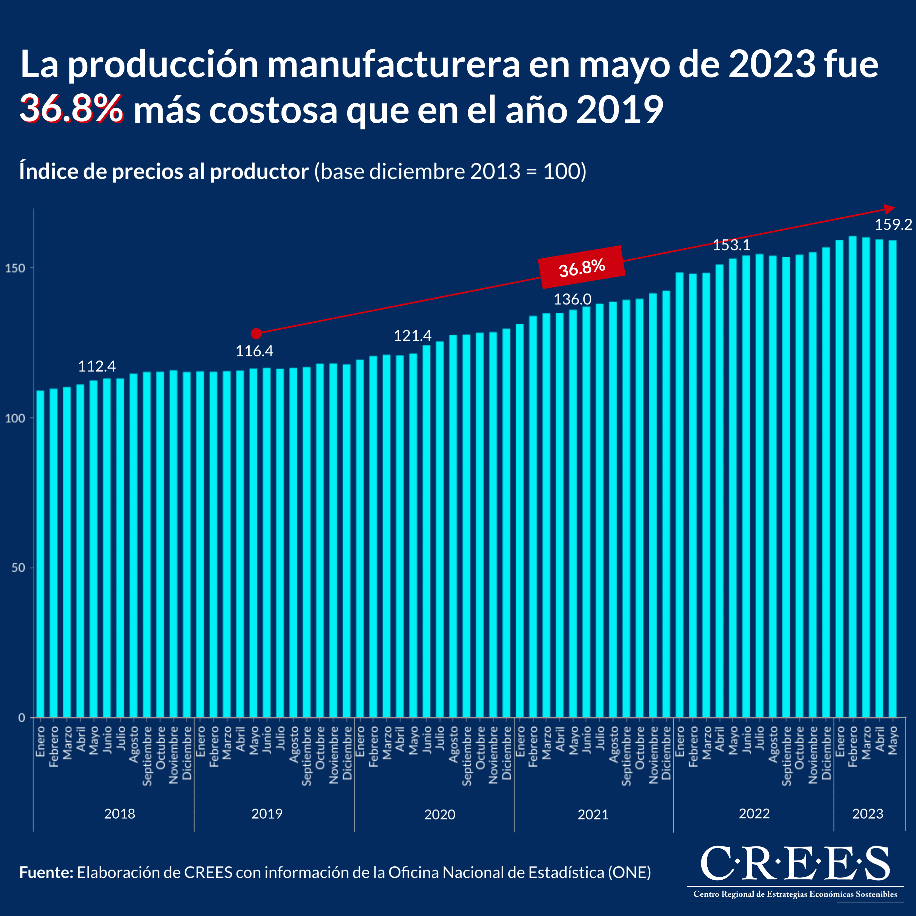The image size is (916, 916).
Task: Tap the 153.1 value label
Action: click(x=732, y=245)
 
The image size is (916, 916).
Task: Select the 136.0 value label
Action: click(x=573, y=299)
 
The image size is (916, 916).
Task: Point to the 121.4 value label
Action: click(x=412, y=336)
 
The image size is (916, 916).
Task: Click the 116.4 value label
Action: click(x=254, y=351)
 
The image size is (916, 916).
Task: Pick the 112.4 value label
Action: click(x=97, y=366)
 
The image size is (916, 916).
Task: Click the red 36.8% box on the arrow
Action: click(x=582, y=267)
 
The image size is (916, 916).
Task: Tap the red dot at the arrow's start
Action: click(x=256, y=334)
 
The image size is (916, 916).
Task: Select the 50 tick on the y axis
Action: click(x=18, y=568)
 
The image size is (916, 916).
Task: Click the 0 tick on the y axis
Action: click(x=22, y=718)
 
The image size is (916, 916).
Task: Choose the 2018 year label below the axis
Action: click(x=119, y=814)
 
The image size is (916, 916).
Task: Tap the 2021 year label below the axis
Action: click(x=593, y=814)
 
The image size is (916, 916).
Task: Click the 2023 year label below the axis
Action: click(x=868, y=814)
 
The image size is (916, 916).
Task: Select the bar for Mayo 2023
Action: click(x=892, y=479)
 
